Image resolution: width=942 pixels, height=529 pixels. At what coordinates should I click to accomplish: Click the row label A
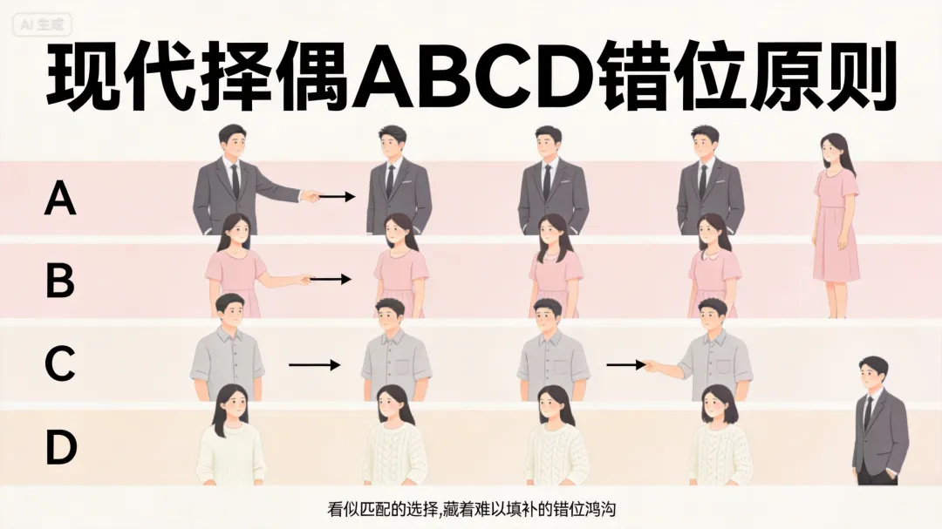click(60, 200)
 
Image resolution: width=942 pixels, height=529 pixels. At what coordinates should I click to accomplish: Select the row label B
click(60, 281)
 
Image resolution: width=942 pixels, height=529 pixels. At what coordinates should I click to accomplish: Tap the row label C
click(60, 365)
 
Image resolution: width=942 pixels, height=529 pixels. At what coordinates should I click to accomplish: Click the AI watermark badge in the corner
click(43, 25)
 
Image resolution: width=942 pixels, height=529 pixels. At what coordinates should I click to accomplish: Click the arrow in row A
click(337, 197)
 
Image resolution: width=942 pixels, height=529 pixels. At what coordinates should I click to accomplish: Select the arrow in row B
click(331, 280)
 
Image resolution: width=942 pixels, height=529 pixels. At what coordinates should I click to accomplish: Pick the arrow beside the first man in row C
click(315, 365)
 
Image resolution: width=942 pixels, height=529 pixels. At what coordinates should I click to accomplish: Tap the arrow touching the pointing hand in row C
click(625, 365)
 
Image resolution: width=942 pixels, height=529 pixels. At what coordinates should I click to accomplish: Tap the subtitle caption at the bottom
click(470, 508)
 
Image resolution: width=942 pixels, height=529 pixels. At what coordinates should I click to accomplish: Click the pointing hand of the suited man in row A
click(309, 196)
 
